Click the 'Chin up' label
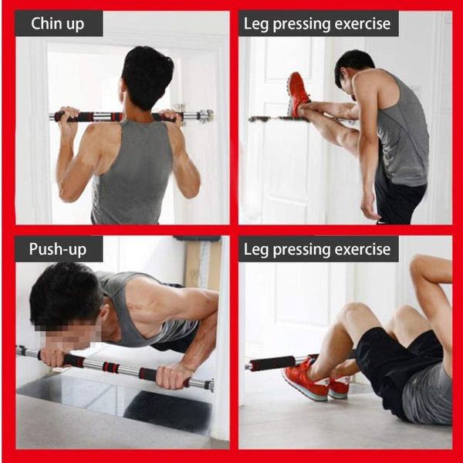coord(59,23)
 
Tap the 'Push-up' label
coord(58,248)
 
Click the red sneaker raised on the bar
coord(296,94)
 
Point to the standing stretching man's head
coord(354,69)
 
